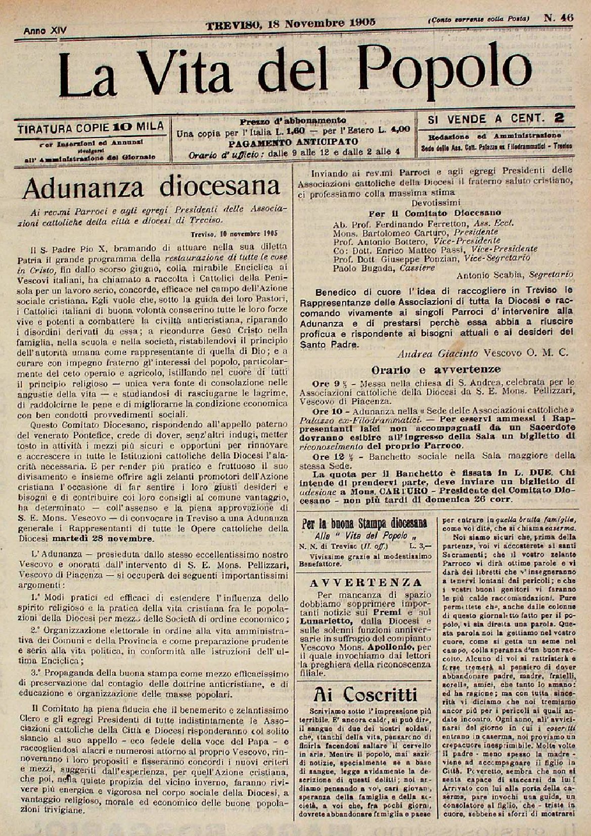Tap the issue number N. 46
click(x=558, y=17)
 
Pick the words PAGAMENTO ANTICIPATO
click(x=294, y=142)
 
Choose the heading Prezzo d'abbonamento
click(x=293, y=121)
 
